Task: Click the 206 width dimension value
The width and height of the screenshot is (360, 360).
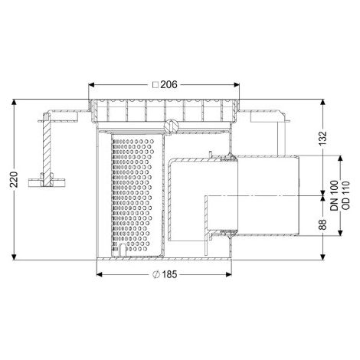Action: point(169,84)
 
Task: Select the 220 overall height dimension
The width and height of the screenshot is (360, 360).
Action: point(15,179)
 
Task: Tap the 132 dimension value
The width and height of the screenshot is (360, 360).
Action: point(323,139)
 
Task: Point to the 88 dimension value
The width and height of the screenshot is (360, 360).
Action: point(323,224)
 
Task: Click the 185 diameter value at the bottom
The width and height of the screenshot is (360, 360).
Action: point(169,274)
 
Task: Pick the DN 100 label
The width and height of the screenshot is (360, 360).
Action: point(334,195)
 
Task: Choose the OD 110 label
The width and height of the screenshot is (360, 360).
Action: point(345,195)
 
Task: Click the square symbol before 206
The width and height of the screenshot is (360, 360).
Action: point(155,85)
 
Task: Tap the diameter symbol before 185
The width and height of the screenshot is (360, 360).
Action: point(156,274)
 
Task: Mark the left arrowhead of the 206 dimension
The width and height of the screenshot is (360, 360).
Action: point(91,85)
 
